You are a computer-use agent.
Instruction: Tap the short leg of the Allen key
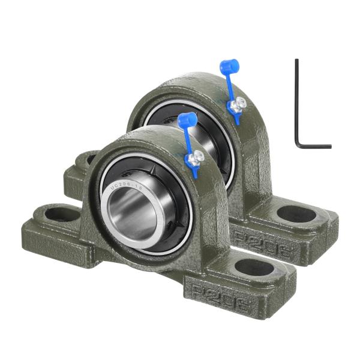[x=315, y=146]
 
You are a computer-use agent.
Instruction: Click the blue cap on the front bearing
[x=187, y=119]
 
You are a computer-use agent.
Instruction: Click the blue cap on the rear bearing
[x=229, y=66]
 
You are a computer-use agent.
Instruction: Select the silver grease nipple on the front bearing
[x=195, y=157]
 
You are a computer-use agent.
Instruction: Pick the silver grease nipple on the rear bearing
[x=238, y=103]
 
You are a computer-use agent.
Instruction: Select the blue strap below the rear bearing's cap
[x=231, y=90]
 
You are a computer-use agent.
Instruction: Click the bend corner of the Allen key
[x=298, y=144]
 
